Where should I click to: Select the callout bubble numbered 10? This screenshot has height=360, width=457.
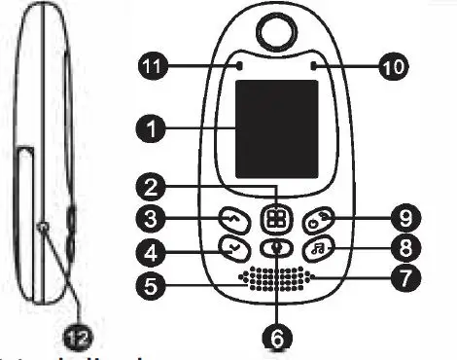tap(394, 66)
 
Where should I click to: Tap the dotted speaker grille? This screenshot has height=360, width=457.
tap(277, 279)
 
